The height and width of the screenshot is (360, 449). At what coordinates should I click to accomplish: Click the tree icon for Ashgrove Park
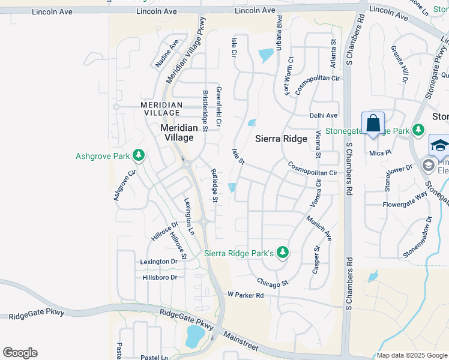(139, 156)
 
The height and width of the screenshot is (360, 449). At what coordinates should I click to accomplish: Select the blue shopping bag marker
(373, 124)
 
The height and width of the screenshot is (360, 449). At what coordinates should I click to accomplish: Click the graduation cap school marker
(439, 146)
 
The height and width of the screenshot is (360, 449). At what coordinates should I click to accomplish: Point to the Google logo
(20, 353)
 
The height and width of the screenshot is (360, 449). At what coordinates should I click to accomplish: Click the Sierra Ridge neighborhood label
(281, 139)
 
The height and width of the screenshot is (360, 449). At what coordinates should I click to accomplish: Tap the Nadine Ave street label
(167, 53)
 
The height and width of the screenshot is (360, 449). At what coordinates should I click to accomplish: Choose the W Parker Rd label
(246, 295)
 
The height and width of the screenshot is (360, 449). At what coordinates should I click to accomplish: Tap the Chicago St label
(273, 281)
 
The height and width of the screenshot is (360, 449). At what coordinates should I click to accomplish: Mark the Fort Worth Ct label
(289, 76)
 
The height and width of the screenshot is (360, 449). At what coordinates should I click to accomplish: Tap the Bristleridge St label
(205, 111)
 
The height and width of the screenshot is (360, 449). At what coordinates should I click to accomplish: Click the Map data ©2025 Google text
(412, 355)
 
